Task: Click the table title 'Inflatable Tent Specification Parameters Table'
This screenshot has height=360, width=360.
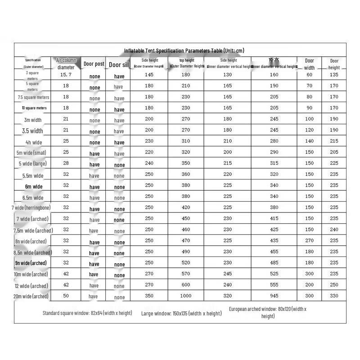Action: coord(184,51)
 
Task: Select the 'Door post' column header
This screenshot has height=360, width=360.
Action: coord(94,64)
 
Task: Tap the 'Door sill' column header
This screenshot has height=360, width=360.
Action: coord(119,64)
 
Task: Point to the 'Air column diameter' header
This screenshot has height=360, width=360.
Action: coord(66,63)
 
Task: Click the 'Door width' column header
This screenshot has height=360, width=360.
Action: coord(310,64)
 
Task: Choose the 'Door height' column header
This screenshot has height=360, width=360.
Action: coord(334,64)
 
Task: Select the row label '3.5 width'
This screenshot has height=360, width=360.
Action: coord(32,131)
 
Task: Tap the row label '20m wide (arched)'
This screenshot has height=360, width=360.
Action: coord(31,296)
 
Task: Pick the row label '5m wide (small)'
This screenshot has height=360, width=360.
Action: coord(31,153)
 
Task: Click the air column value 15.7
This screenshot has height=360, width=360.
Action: coord(66,75)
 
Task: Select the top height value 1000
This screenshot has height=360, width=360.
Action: coord(186,296)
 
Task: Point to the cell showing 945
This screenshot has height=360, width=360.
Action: coord(274,296)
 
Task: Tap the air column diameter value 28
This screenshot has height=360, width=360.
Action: coord(66,163)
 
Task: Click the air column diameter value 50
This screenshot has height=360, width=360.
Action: coord(66,296)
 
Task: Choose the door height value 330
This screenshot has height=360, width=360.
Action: coord(334,296)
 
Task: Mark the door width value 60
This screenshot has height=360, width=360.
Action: coord(310,75)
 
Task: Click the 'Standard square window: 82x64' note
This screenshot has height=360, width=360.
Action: coord(88,313)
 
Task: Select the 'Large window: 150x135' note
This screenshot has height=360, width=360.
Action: coord(181,313)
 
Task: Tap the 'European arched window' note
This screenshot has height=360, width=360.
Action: coord(268,312)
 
